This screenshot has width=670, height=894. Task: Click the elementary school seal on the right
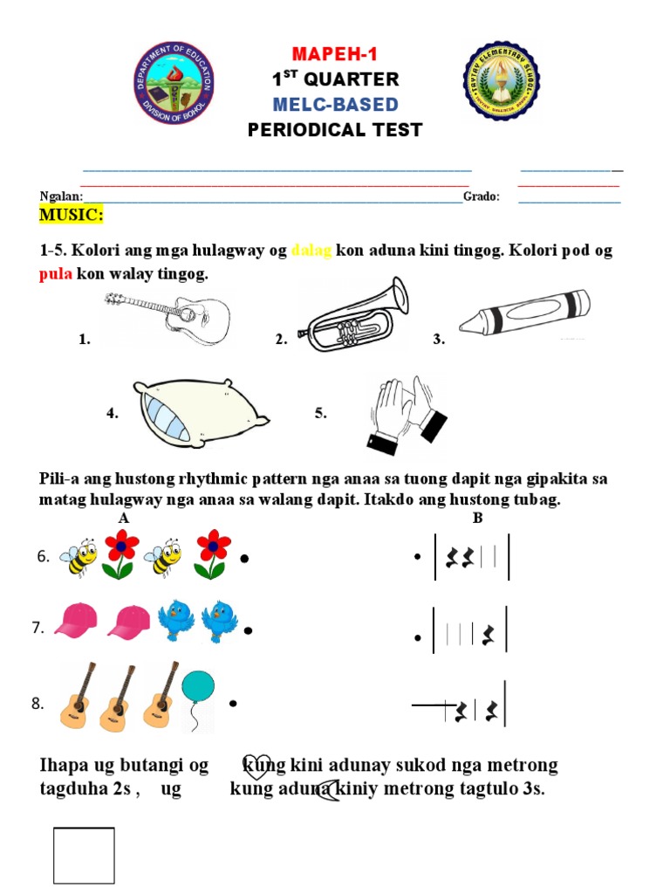501,81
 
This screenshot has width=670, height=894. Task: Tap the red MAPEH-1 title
335,54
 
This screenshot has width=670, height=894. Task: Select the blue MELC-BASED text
335,105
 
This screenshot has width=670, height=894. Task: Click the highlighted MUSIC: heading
72,215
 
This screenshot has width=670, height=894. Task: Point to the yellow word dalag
311,251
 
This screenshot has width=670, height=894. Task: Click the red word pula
56,275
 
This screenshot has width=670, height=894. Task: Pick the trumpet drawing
352,312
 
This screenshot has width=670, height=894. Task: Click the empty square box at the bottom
84,856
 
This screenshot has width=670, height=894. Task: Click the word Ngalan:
61,197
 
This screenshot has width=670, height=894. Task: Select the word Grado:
482,197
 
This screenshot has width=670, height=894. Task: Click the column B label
477,519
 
